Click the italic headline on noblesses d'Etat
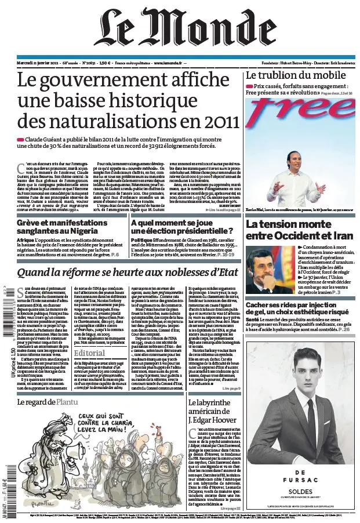click(128, 273)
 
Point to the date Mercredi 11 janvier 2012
click(38, 62)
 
